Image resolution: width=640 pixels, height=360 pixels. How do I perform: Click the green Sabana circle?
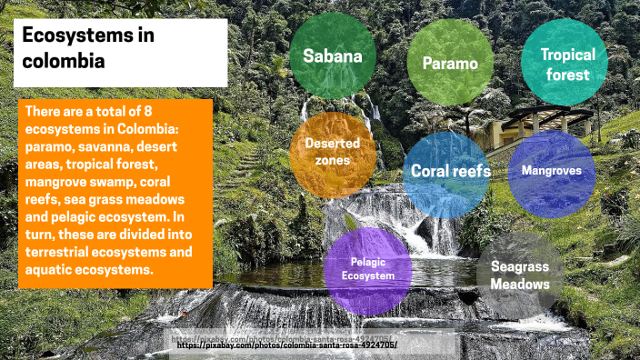332,56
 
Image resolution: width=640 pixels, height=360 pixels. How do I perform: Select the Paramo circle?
450,63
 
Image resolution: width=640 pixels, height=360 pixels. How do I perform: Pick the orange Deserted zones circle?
325,153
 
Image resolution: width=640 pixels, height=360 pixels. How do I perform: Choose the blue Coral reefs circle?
450,171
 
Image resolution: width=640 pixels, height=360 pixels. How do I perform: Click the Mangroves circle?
552,171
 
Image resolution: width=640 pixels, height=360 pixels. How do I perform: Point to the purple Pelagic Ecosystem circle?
367,269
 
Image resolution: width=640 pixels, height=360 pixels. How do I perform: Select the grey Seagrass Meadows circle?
520,275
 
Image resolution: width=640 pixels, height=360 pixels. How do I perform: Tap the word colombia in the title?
64,61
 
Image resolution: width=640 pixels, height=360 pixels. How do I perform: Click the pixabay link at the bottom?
286,345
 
